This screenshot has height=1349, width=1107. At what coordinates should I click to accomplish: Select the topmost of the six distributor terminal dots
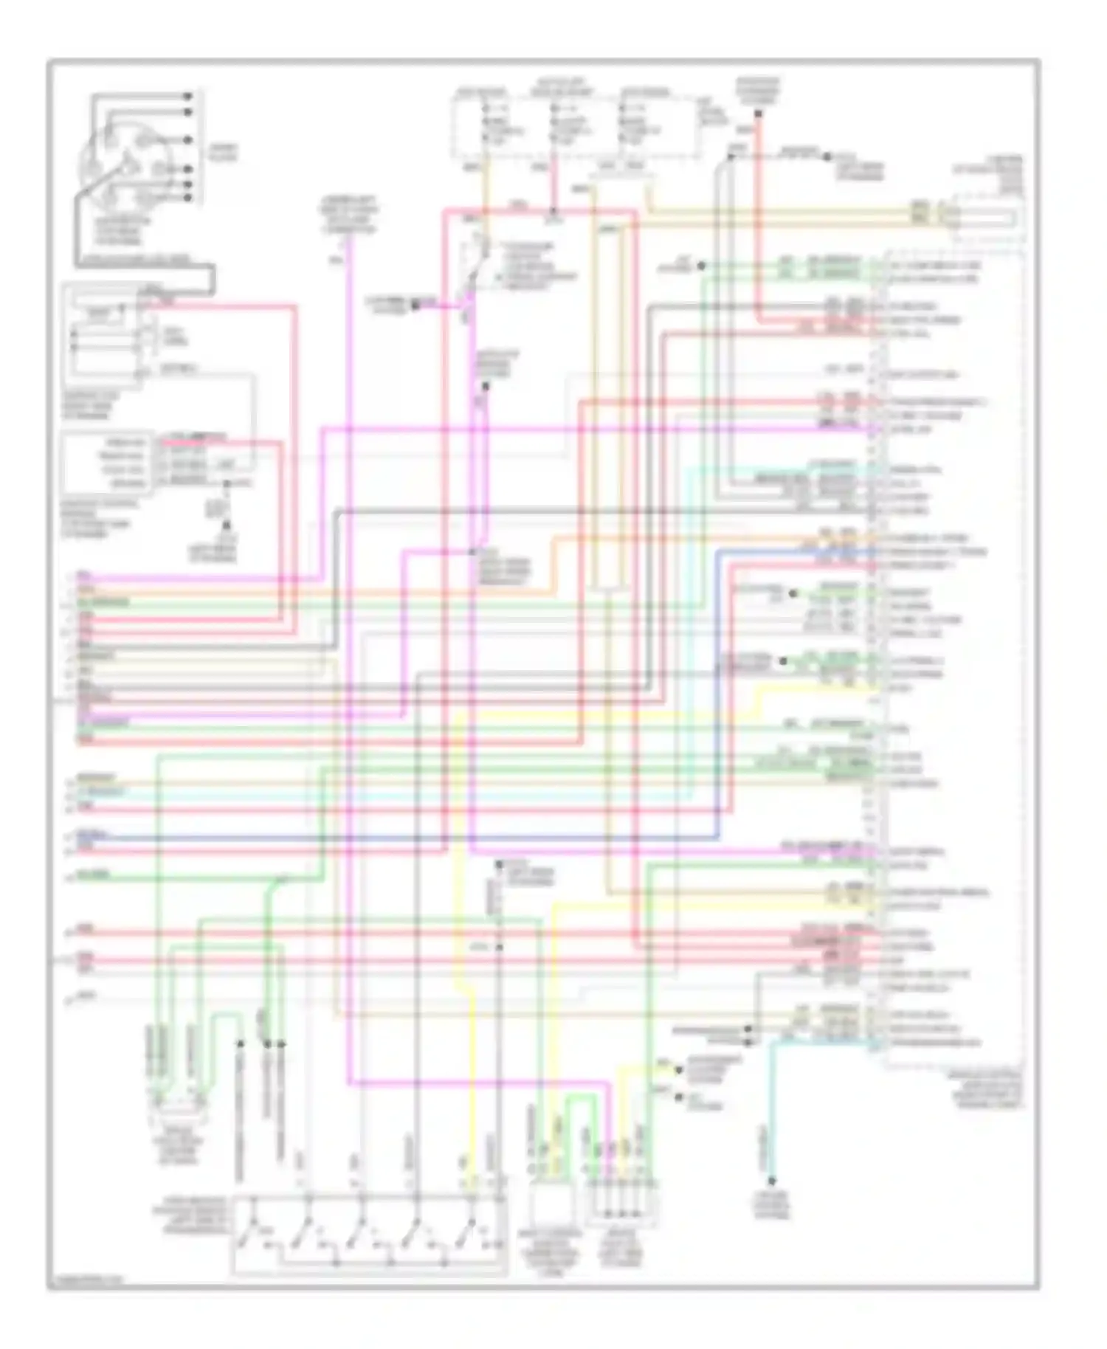pyautogui.click(x=188, y=96)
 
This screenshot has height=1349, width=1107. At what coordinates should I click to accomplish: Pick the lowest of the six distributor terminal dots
pyautogui.click(x=188, y=198)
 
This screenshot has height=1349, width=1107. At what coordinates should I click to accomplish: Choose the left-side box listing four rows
pyautogui.click(x=107, y=463)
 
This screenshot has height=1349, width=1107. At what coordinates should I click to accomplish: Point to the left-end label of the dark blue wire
pyautogui.click(x=93, y=835)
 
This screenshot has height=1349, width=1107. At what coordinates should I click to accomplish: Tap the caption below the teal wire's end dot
pyautogui.click(x=771, y=1206)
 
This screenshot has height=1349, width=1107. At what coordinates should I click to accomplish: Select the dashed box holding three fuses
pyautogui.click(x=576, y=125)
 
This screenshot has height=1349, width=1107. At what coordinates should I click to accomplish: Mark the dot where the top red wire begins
pyautogui.click(x=758, y=114)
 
